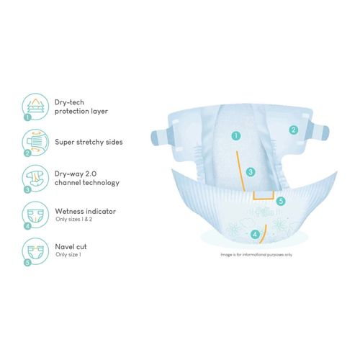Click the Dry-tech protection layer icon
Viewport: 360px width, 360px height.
point(35,107)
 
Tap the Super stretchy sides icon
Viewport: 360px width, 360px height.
point(35,143)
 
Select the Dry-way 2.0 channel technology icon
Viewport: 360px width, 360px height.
point(35,179)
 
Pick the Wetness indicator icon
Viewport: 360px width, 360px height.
point(35,215)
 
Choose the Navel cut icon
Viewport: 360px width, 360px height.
point(35,251)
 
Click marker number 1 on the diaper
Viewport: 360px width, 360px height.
point(236,135)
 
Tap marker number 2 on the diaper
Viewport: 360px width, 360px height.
point(294,130)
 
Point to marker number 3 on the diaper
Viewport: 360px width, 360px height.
point(251,172)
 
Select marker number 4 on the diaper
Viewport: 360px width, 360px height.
point(255,234)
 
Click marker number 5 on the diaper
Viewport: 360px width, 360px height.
point(281,201)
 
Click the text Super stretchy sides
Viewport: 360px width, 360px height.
point(89,142)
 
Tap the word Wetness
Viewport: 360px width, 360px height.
point(69,211)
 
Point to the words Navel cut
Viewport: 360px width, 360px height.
point(71,246)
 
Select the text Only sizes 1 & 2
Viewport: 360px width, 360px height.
point(73,219)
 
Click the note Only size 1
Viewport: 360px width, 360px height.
point(68,254)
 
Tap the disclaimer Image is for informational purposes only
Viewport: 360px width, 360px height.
point(256,255)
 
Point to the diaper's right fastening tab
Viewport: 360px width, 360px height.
point(320,132)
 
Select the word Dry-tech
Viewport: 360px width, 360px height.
point(69,102)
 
